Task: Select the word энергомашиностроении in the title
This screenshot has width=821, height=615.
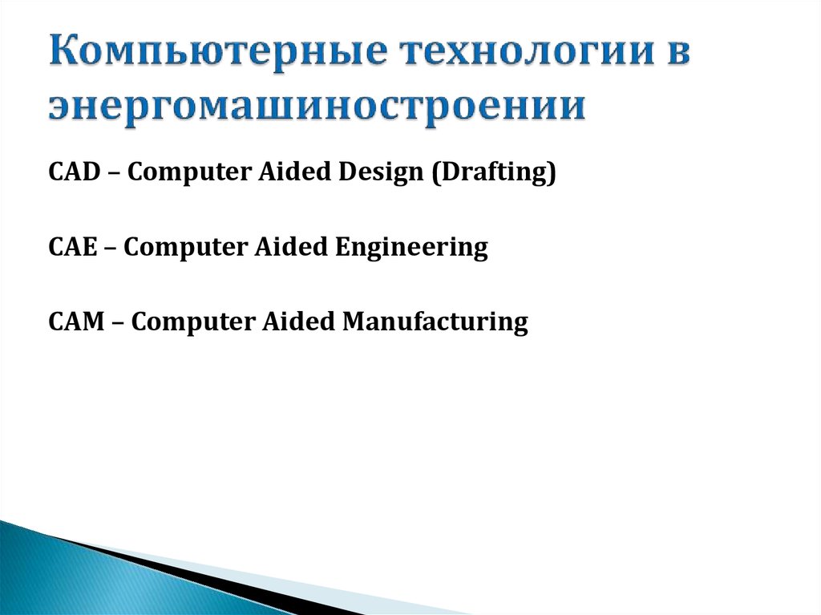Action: [316, 106]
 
